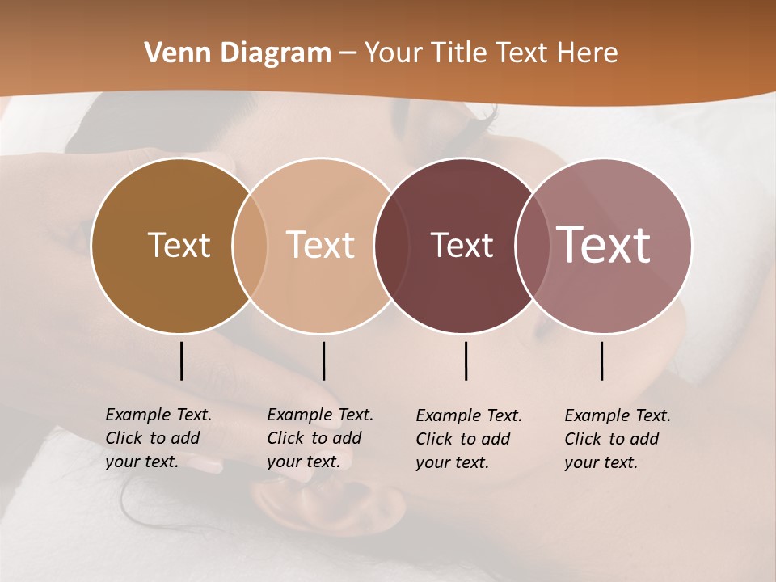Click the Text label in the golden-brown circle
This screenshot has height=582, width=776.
[179, 245]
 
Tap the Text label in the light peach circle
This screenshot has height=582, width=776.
[321, 245]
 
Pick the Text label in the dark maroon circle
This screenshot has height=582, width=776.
[462, 245]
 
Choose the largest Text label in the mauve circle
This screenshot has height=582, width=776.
[603, 244]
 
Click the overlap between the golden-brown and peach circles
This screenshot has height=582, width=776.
[250, 246]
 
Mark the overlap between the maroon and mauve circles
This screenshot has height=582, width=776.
[530, 246]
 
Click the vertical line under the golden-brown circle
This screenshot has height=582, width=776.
[181, 361]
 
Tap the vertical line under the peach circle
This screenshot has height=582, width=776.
[323, 361]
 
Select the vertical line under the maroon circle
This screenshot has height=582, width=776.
[466, 361]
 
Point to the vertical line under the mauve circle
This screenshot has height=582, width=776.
[602, 361]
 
